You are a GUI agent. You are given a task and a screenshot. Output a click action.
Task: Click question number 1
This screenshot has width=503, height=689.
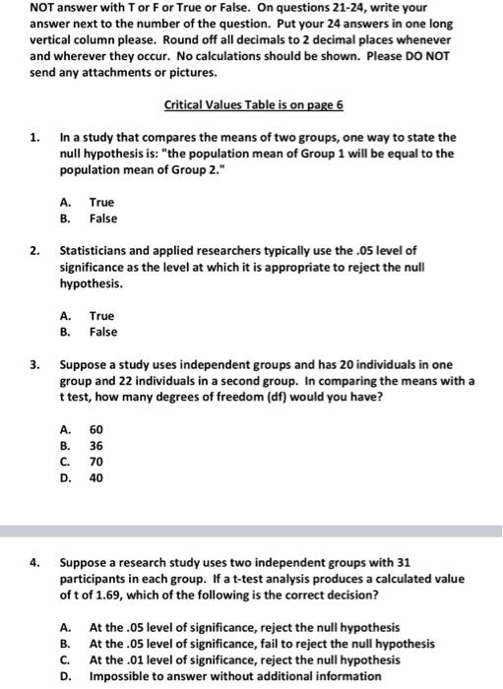[35, 137]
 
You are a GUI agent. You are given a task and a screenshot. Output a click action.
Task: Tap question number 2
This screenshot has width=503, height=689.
[35, 250]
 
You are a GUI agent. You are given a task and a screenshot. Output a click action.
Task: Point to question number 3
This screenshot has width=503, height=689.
[35, 365]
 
